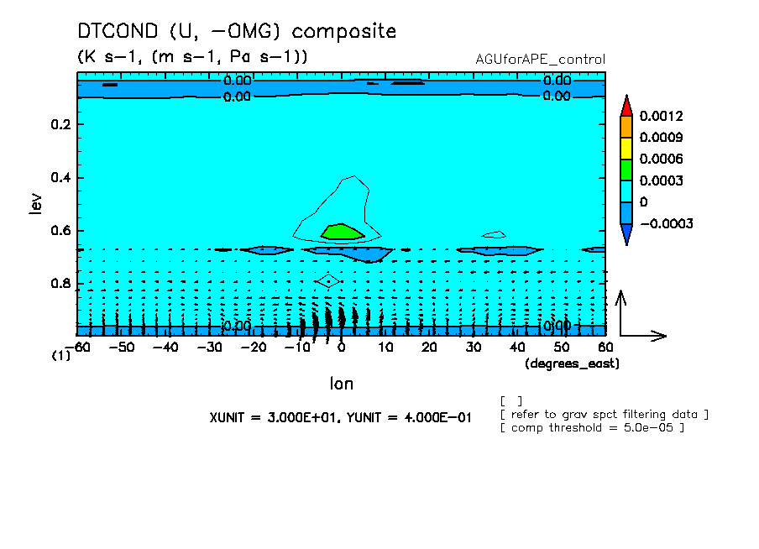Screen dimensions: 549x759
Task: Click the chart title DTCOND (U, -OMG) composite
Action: pos(236,31)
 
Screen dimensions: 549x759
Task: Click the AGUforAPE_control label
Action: pos(540,60)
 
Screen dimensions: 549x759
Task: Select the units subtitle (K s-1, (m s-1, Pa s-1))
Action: pos(192,56)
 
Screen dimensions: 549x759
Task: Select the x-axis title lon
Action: pos(341,384)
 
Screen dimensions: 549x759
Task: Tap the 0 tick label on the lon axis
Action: pos(341,347)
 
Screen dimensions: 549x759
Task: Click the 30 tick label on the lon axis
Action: pos(473,347)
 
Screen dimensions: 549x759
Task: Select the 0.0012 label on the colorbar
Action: pos(661,116)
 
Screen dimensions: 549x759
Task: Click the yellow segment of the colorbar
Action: pos(626,148)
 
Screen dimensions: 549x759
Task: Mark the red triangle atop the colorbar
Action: pos(626,106)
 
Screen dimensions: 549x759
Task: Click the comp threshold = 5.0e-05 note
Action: pos(593,427)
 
